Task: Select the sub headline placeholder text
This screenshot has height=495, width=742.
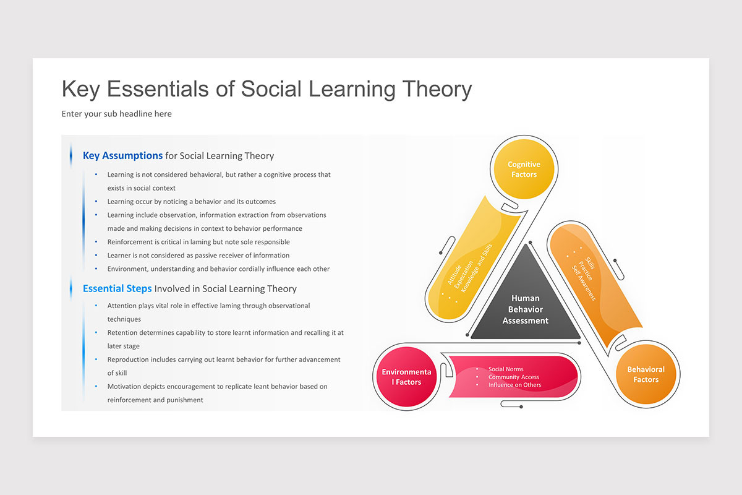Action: (x=116, y=114)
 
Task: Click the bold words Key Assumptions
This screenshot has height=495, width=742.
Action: (x=122, y=156)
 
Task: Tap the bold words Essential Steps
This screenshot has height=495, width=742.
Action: (x=117, y=289)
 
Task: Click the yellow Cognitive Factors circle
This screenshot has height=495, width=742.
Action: (x=524, y=170)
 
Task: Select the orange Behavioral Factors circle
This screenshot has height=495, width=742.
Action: (x=646, y=374)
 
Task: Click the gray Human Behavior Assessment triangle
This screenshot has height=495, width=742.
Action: (x=525, y=309)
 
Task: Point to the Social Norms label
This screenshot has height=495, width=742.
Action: (x=506, y=369)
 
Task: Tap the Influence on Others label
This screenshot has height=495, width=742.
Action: (x=514, y=385)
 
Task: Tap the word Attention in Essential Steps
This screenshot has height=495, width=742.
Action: (x=122, y=306)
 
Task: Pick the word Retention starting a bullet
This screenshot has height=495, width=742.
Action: (x=123, y=333)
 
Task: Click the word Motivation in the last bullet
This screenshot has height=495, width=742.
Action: (x=125, y=387)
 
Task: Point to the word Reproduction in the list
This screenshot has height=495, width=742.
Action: (x=129, y=359)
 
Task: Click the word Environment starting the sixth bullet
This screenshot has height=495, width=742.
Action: (x=129, y=269)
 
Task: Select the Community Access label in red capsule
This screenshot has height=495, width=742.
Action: (x=513, y=377)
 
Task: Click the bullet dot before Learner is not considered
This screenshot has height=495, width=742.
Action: (x=96, y=256)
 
